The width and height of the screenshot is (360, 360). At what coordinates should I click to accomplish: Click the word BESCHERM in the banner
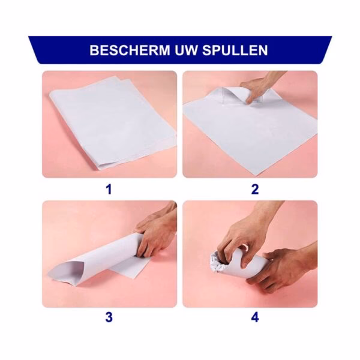point(127,50)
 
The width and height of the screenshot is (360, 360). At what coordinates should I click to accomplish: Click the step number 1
point(109,190)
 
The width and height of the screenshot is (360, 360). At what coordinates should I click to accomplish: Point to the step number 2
point(254,190)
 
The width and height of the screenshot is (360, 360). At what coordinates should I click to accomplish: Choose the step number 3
point(109,318)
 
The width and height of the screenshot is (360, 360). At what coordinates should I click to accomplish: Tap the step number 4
point(254,318)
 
